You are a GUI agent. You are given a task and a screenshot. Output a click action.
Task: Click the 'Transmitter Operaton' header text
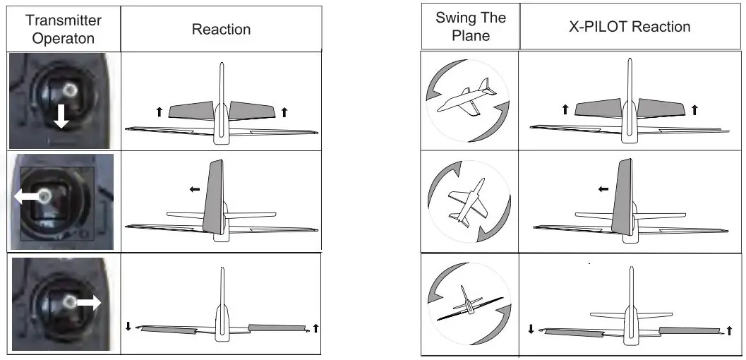63,29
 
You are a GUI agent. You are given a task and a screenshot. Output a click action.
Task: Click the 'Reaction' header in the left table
221,29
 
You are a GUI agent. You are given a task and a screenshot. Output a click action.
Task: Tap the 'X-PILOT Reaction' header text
630,27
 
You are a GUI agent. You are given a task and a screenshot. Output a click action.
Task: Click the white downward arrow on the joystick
61,115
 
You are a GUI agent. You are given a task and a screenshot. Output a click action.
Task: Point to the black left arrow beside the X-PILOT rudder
602,188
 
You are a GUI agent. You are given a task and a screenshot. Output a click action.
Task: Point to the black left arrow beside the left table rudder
195,188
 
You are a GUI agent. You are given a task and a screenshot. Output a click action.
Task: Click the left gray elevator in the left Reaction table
191,109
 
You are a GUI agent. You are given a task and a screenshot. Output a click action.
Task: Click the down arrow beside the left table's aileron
128,325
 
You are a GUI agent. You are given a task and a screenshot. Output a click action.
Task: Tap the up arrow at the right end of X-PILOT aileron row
729,330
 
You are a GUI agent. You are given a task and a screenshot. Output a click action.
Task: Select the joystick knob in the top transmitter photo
69,89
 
